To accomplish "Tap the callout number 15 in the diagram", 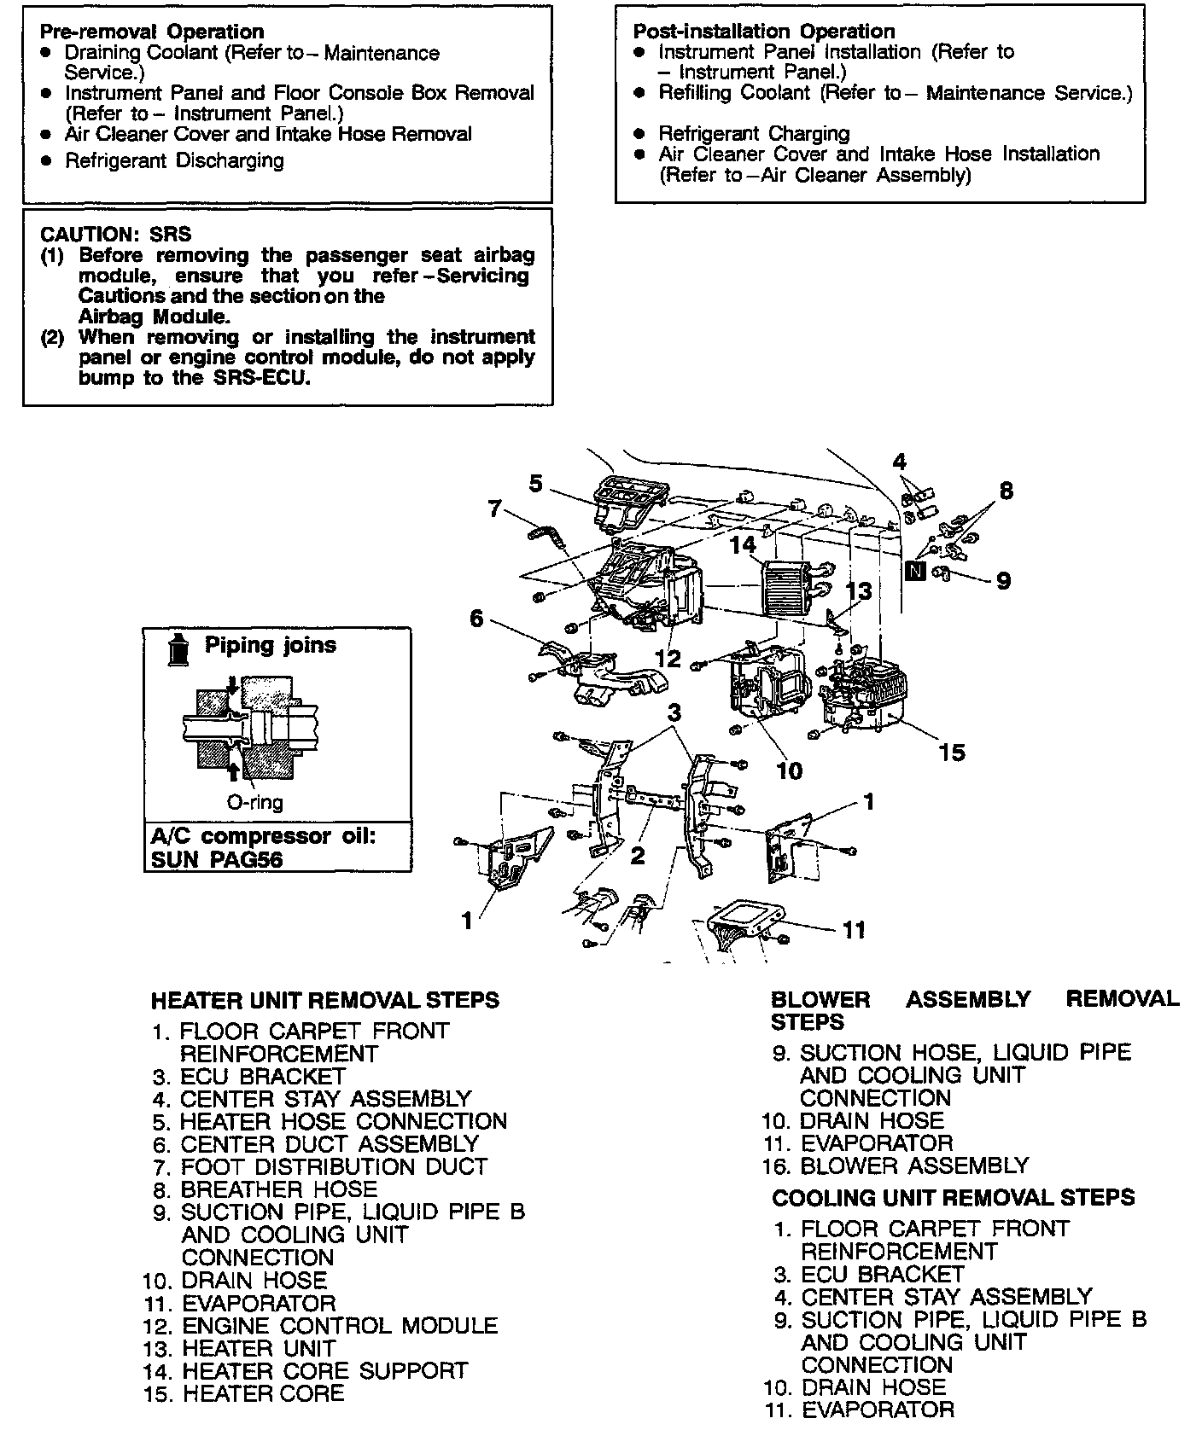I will [951, 752].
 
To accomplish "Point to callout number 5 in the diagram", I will [535, 484].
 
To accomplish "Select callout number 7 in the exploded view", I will [494, 509].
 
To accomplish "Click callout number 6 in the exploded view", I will [476, 618].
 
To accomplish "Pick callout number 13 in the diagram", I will [860, 590].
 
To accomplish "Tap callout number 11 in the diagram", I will [854, 929].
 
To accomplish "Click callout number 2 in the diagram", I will [638, 855].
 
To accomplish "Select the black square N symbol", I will [915, 571].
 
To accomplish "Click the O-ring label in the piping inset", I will [254, 802].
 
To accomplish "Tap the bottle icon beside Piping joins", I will [178, 650].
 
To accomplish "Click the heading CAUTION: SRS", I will [116, 234].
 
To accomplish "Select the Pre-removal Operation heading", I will [152, 32].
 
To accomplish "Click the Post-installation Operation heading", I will [763, 32].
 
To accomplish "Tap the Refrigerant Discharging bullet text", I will [174, 160].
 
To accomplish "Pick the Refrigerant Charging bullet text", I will [754, 133].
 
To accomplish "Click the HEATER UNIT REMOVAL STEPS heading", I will [324, 1000].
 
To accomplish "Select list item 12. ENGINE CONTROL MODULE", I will [339, 1326].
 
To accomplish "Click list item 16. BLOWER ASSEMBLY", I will [913, 1166].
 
